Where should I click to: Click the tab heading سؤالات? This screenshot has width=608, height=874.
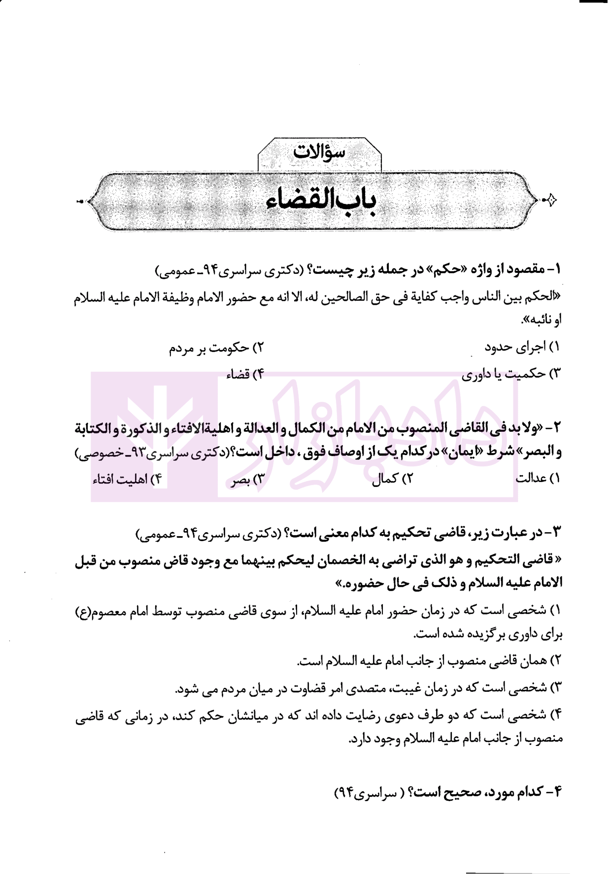click(319, 152)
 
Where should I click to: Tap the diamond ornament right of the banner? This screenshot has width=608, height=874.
click(551, 200)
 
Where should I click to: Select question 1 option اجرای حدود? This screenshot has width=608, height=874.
click(522, 347)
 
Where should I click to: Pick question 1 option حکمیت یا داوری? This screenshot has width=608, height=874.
click(510, 374)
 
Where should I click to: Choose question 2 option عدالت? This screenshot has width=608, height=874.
click(538, 478)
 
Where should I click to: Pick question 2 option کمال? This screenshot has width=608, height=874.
click(392, 478)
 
